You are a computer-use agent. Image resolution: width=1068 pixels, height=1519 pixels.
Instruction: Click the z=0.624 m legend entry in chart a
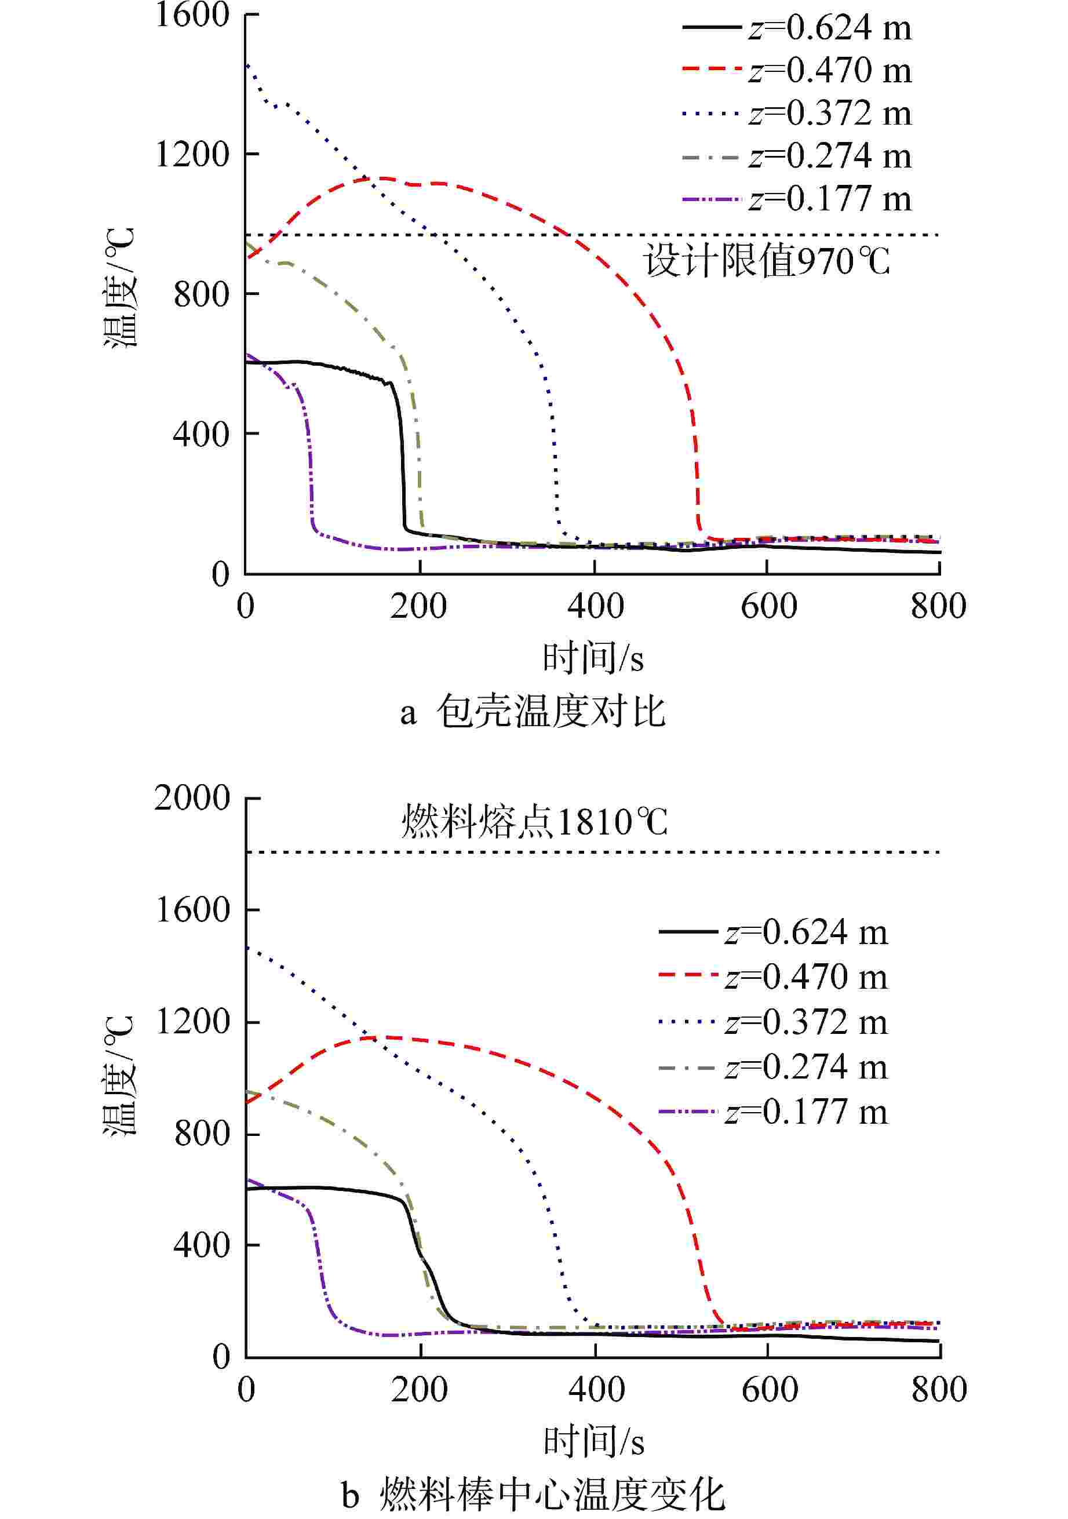point(797,28)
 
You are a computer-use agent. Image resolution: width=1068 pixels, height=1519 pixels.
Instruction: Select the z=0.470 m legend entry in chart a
point(797,70)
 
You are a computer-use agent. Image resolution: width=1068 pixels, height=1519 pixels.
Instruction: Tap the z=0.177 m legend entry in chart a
point(797,198)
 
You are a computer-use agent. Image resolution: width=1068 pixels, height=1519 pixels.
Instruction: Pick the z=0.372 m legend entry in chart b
point(774,1022)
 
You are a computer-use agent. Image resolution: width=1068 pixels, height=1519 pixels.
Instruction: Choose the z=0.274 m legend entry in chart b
point(774,1067)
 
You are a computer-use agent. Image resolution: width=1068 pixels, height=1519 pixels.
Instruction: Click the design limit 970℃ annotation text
point(767,261)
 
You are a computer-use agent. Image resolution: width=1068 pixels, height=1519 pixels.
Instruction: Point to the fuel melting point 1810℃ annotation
point(535,822)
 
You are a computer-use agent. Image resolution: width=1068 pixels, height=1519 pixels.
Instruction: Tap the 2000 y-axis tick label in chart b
point(192,798)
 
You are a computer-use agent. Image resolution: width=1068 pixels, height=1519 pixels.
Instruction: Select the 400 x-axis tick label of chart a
point(595,606)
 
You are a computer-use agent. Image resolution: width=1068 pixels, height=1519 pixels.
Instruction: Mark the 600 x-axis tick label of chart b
point(768,1389)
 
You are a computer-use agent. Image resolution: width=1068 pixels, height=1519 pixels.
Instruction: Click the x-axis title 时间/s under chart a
point(593,658)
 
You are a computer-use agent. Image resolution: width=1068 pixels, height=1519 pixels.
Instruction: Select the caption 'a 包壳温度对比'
point(533,712)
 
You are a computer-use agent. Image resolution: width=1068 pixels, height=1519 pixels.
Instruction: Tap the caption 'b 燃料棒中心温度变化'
point(533,1494)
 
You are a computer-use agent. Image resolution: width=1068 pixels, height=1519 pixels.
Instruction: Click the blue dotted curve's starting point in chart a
point(246,65)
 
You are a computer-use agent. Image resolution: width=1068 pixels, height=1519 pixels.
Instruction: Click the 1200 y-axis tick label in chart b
point(192,1022)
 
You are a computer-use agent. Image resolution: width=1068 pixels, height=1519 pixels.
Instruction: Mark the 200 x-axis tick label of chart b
point(419,1389)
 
